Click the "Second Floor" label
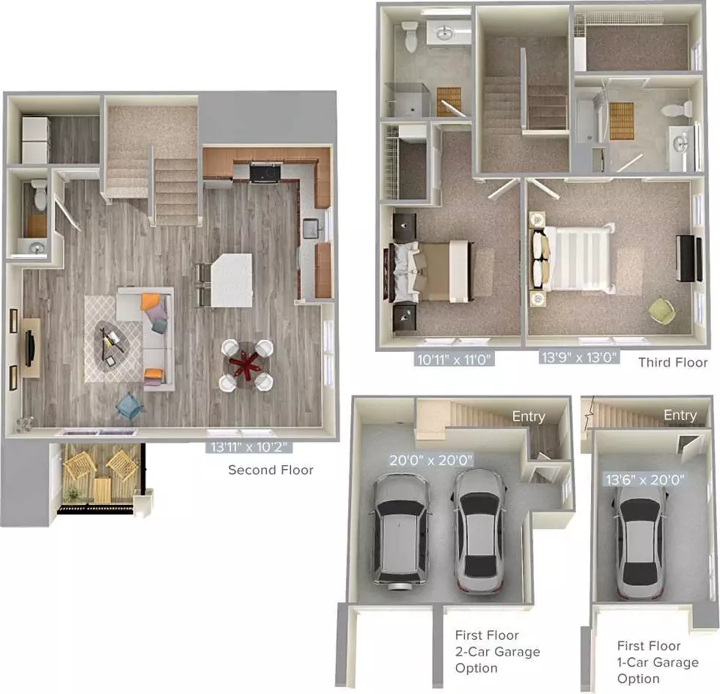click(271, 470)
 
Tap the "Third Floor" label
click(673, 362)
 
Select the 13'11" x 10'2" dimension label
click(249, 447)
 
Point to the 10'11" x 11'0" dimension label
click(454, 359)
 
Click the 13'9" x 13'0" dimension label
click(578, 357)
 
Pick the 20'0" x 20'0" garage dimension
click(430, 460)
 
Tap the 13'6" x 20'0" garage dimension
click(645, 479)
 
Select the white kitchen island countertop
click(232, 280)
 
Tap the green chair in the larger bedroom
click(661, 311)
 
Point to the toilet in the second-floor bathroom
click(40, 194)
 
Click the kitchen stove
click(265, 173)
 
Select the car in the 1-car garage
click(639, 543)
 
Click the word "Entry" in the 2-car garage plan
click(529, 416)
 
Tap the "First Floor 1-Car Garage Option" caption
click(657, 662)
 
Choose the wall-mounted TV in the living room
click(30, 348)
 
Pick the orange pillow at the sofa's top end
click(150, 302)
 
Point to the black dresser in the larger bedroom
click(688, 258)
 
